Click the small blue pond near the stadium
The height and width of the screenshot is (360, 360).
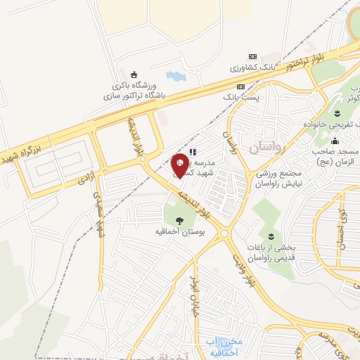[175, 75]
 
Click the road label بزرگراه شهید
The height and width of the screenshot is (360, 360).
[25, 143]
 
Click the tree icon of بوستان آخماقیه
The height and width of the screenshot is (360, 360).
[180, 219]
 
